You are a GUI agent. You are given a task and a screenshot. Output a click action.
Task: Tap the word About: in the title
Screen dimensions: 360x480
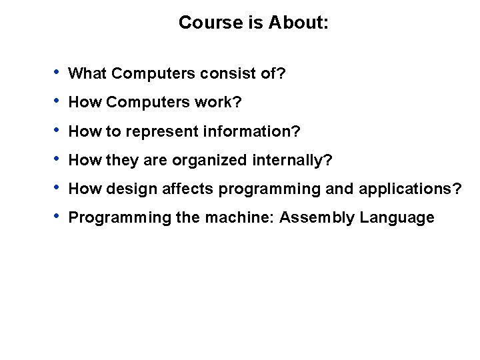pos(299,23)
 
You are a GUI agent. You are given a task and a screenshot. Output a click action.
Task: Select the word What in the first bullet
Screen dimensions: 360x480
pos(85,73)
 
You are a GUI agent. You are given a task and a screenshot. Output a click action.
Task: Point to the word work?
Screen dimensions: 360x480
pos(218,103)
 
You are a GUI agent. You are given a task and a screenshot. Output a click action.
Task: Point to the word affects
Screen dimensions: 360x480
pos(178,189)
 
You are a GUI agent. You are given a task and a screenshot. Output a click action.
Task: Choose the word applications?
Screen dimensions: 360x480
pos(409,189)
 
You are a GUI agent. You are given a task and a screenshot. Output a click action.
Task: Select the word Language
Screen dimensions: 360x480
pos(398,218)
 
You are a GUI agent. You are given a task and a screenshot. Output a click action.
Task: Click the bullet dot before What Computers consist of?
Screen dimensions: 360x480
pos(59,71)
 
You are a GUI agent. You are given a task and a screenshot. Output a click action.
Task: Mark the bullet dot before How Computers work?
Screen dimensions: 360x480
pos(59,101)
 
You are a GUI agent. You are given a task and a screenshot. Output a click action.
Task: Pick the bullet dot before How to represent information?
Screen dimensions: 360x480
pos(59,131)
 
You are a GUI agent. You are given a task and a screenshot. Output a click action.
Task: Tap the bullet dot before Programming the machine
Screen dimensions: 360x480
pos(59,217)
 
